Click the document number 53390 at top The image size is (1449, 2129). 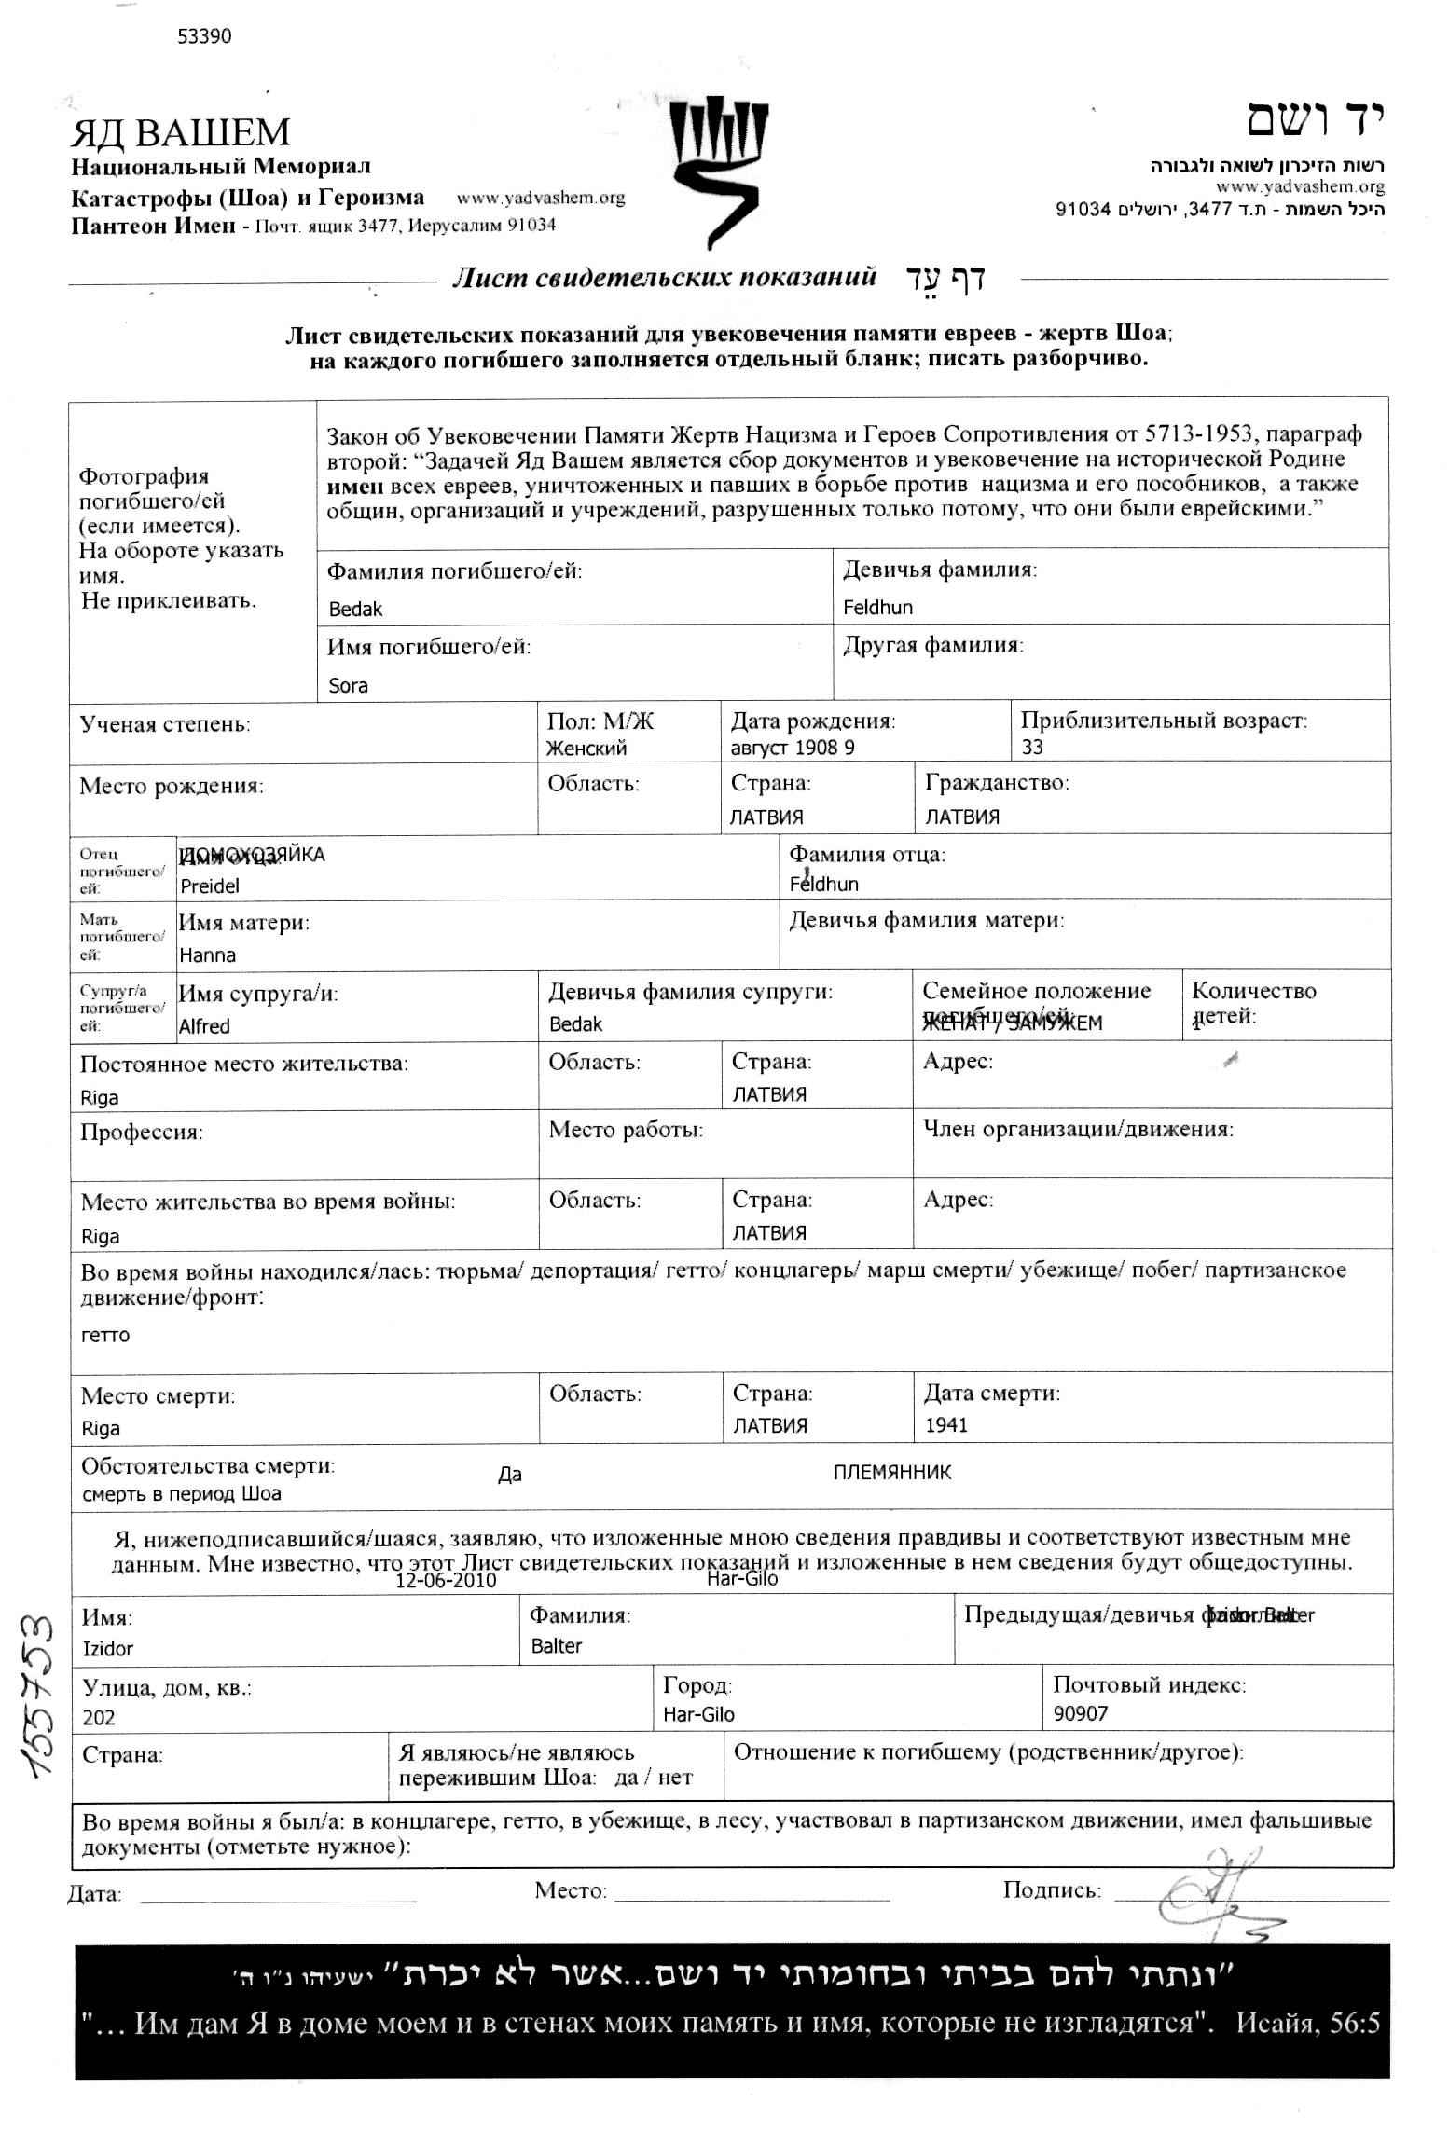pos(203,36)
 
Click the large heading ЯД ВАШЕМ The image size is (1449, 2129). pos(181,133)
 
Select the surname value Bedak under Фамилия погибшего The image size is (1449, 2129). pos(355,610)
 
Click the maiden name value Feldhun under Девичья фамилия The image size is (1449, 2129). pos(877,608)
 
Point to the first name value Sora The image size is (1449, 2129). pos(348,686)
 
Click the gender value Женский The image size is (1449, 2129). pos(586,748)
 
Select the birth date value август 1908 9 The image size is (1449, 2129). pos(793,748)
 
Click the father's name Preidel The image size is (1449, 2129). pos(210,886)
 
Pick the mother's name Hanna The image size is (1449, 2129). pos(207,955)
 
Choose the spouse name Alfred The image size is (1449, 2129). pos(204,1026)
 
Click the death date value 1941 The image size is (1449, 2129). pos(945,1425)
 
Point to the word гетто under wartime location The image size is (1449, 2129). pos(105,1335)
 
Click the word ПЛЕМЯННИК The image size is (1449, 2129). pos(892,1473)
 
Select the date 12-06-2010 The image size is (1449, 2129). pos(446,1581)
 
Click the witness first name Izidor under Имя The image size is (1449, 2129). pos(108,1648)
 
